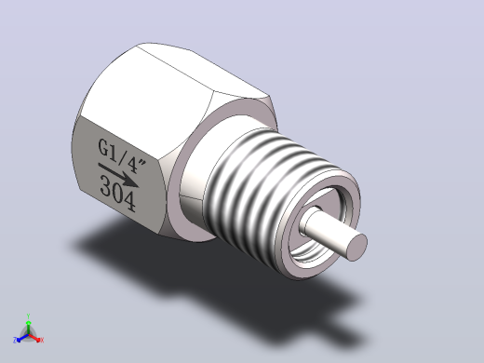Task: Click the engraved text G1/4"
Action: pyautogui.click(x=122, y=156)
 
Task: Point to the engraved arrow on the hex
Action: pyautogui.click(x=118, y=175)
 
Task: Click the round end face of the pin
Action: pyautogui.click(x=356, y=248)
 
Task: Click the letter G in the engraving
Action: pyautogui.click(x=104, y=147)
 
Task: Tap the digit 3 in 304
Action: pyautogui.click(x=106, y=185)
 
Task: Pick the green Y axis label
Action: pyautogui.click(x=28, y=316)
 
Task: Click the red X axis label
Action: pyautogui.click(x=42, y=340)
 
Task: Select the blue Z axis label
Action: pyautogui.click(x=15, y=340)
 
